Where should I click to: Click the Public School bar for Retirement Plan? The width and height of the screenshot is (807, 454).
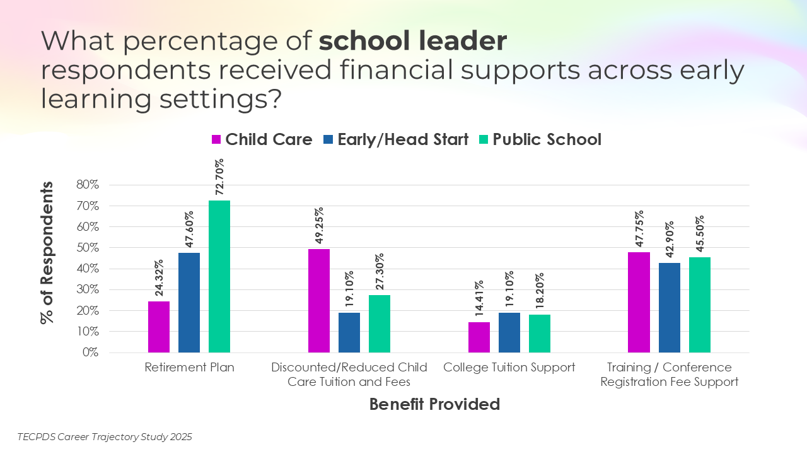pyautogui.click(x=219, y=276)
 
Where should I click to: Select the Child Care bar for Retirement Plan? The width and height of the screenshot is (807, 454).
pyautogui.click(x=159, y=327)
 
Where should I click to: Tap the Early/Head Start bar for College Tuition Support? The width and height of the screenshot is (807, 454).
pyautogui.click(x=509, y=332)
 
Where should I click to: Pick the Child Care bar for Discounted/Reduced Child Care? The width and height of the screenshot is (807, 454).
pyautogui.click(x=319, y=300)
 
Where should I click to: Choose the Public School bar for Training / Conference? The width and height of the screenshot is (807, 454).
pyautogui.click(x=700, y=305)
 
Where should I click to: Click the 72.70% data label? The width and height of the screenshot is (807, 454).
pyautogui.click(x=219, y=177)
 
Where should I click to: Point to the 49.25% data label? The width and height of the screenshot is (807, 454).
pyautogui.click(x=319, y=226)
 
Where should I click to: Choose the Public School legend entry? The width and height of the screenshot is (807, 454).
pyautogui.click(x=547, y=139)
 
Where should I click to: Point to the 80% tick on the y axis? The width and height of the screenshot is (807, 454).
pyautogui.click(x=88, y=185)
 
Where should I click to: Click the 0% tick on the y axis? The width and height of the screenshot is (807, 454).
pyautogui.click(x=91, y=352)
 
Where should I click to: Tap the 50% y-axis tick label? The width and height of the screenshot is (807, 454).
pyautogui.click(x=88, y=248)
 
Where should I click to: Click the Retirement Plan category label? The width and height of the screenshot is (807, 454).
pyautogui.click(x=189, y=368)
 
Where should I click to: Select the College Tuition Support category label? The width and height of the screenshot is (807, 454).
pyautogui.click(x=509, y=368)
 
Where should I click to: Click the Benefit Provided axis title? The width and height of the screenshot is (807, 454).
pyautogui.click(x=434, y=404)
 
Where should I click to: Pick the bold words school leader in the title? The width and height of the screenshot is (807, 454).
pyautogui.click(x=413, y=42)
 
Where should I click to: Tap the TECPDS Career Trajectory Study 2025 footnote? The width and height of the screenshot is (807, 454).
pyautogui.click(x=105, y=436)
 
